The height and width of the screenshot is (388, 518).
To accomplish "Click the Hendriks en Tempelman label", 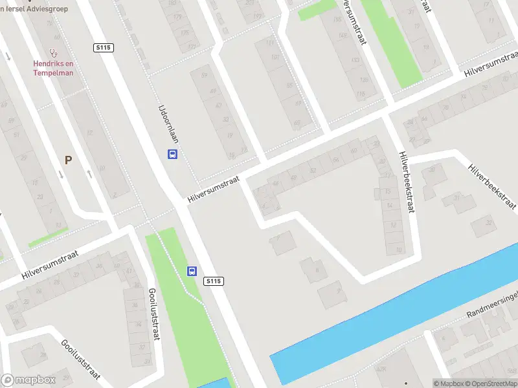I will (53, 68).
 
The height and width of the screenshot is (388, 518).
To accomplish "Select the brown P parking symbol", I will (67, 160).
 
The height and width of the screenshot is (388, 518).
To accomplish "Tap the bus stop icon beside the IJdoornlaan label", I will (173, 154).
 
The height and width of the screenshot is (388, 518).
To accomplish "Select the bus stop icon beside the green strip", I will (192, 271).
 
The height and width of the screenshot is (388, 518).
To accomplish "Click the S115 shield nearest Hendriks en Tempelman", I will (104, 47).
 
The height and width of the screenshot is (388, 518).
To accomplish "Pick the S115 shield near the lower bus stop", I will (214, 281).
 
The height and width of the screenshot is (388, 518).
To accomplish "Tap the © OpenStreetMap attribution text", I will (492, 383).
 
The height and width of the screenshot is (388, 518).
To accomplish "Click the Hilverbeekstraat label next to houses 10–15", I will (407, 182).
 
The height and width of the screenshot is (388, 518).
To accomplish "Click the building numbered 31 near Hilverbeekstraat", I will (456, 198).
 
